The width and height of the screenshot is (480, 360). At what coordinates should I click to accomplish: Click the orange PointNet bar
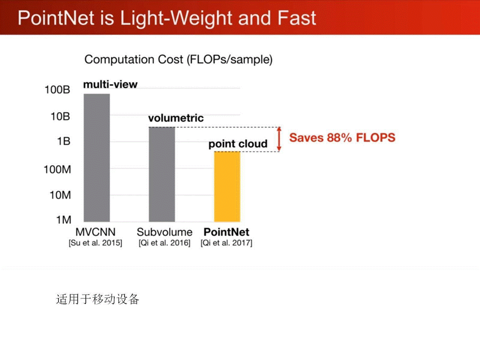click(227, 186)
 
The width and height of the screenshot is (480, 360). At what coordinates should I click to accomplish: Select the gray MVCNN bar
click(96, 157)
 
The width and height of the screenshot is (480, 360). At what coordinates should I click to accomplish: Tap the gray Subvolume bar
click(162, 174)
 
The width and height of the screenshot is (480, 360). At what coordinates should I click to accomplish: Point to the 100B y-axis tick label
click(57, 89)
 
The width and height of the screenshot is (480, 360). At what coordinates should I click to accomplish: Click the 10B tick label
click(60, 116)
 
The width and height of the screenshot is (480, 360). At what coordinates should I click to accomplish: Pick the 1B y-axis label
click(63, 141)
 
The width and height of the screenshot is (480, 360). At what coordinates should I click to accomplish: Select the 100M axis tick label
click(57, 169)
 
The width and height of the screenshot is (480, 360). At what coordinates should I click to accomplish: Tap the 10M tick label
click(60, 195)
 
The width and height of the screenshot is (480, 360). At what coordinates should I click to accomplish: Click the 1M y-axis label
click(63, 220)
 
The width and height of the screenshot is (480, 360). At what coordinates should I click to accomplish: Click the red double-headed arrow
click(279, 139)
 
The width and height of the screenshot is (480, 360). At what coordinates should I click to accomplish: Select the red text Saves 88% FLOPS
click(342, 138)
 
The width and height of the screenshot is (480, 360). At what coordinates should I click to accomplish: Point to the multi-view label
click(110, 84)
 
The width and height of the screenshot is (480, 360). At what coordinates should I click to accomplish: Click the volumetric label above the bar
click(176, 118)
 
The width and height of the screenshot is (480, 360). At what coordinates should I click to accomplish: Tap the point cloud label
click(238, 144)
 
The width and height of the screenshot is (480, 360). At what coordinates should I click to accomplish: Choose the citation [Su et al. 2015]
click(95, 243)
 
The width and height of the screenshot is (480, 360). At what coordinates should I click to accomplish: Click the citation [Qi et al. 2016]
click(164, 243)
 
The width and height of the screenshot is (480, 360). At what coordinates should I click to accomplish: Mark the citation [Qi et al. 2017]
click(226, 243)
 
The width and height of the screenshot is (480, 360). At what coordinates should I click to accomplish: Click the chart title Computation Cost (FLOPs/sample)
click(178, 59)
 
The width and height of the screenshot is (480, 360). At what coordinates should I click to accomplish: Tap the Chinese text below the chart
click(97, 299)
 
